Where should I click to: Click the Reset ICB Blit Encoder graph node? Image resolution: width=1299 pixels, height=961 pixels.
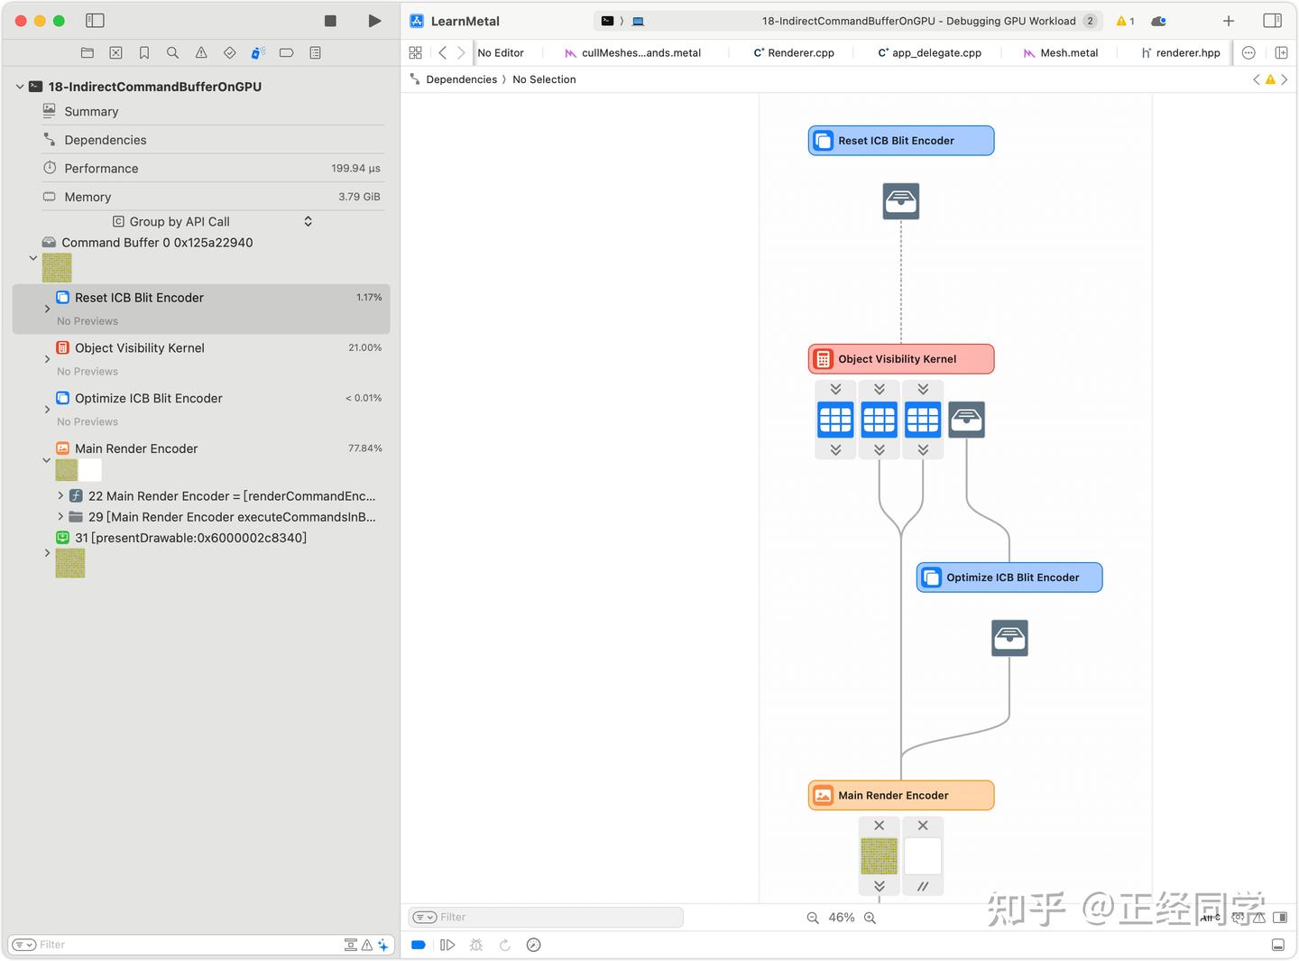(x=900, y=141)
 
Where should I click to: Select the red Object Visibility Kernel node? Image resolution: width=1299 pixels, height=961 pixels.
(x=900, y=358)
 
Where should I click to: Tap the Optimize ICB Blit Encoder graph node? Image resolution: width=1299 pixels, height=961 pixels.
(x=1009, y=578)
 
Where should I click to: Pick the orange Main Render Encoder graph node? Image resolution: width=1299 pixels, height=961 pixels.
(x=900, y=795)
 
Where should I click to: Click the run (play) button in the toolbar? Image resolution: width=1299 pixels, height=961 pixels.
(x=374, y=21)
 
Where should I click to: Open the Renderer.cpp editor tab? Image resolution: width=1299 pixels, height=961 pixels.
(x=794, y=52)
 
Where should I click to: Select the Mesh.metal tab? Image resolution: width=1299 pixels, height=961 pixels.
(x=1061, y=52)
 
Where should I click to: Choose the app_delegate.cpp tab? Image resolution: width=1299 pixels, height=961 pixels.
(x=929, y=52)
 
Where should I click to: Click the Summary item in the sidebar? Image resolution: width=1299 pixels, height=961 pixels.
(x=91, y=111)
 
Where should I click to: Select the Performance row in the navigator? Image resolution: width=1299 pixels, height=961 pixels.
(x=101, y=168)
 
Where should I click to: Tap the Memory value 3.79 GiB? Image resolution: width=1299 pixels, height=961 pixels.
(x=359, y=197)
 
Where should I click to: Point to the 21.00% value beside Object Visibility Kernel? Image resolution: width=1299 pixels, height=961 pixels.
(x=364, y=347)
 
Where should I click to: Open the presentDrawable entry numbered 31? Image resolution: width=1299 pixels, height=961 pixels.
(x=190, y=537)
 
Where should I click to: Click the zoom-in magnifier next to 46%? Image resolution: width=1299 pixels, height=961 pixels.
(x=871, y=918)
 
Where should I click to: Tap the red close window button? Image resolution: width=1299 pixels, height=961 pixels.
(x=21, y=21)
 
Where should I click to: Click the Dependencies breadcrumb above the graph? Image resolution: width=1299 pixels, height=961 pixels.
(x=461, y=79)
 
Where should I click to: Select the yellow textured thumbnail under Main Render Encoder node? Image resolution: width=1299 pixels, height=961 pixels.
(x=879, y=856)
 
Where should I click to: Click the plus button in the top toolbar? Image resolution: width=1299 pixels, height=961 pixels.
(x=1228, y=21)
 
